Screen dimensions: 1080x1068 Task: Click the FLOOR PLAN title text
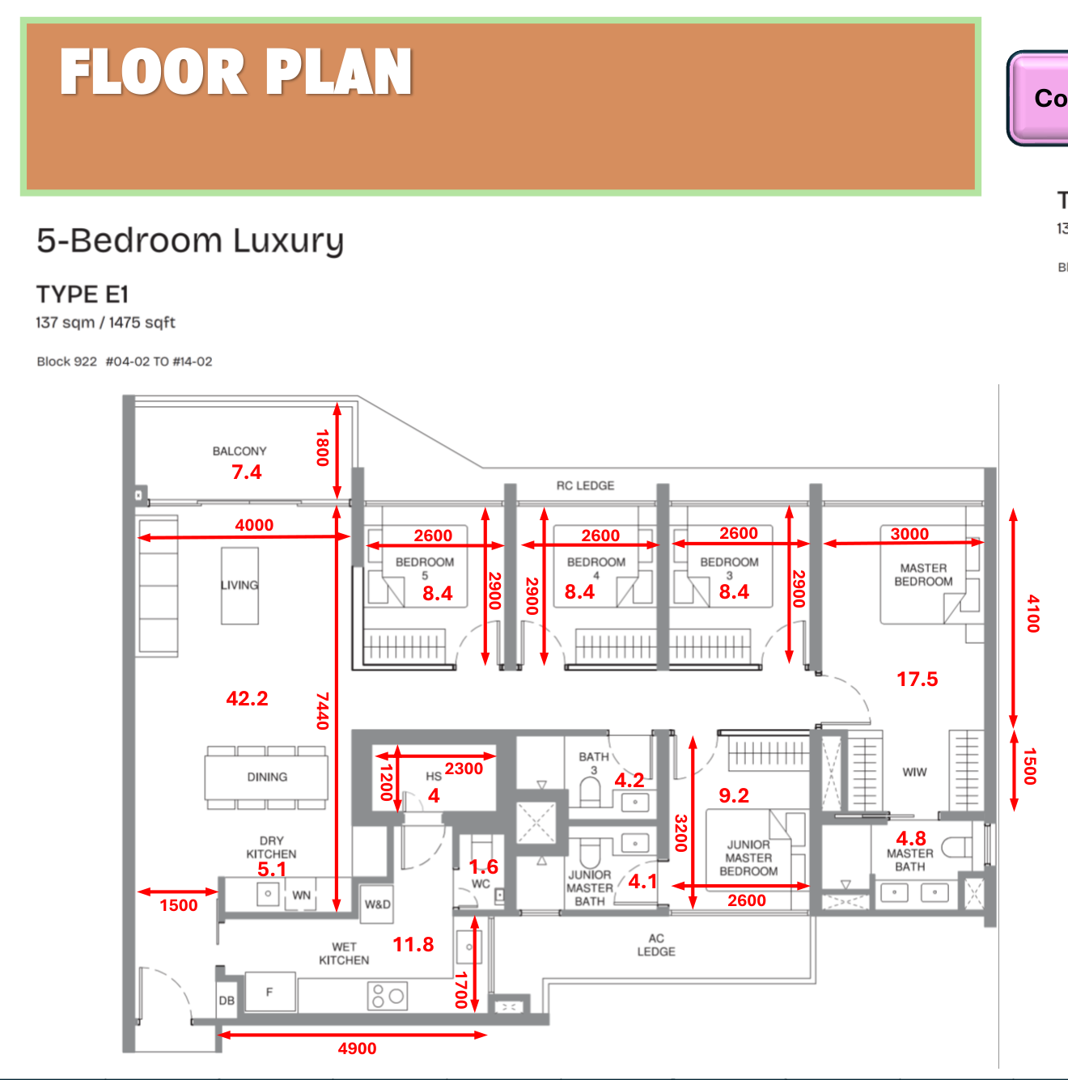[x=235, y=72]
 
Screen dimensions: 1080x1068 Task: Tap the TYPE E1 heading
[x=83, y=294]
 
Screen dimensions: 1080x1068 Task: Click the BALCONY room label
[x=239, y=451]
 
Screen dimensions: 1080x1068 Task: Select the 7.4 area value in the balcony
[x=247, y=472]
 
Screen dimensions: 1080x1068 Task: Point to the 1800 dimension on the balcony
[x=323, y=447]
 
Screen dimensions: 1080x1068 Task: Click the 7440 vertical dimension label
[x=323, y=710]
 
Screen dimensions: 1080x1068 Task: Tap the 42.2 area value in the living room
[x=247, y=698]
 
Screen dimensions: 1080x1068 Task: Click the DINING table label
[x=267, y=777]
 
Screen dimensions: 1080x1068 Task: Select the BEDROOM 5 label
[x=425, y=568]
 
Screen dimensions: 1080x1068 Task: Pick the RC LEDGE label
[x=585, y=485]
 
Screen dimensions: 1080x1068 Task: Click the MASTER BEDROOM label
[x=923, y=574]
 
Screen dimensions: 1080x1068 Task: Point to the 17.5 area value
[x=918, y=679]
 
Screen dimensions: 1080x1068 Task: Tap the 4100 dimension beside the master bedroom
[x=1033, y=613]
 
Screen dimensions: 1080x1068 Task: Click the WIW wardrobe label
[x=915, y=772]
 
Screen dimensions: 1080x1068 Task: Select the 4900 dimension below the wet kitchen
[x=357, y=1048]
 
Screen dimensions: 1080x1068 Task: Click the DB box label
[x=227, y=1001]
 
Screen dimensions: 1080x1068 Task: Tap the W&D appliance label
[x=377, y=904]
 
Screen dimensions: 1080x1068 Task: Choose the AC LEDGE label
[x=656, y=945]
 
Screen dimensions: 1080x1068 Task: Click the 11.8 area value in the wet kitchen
[x=413, y=944]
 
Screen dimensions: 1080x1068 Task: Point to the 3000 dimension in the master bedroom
[x=909, y=534]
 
